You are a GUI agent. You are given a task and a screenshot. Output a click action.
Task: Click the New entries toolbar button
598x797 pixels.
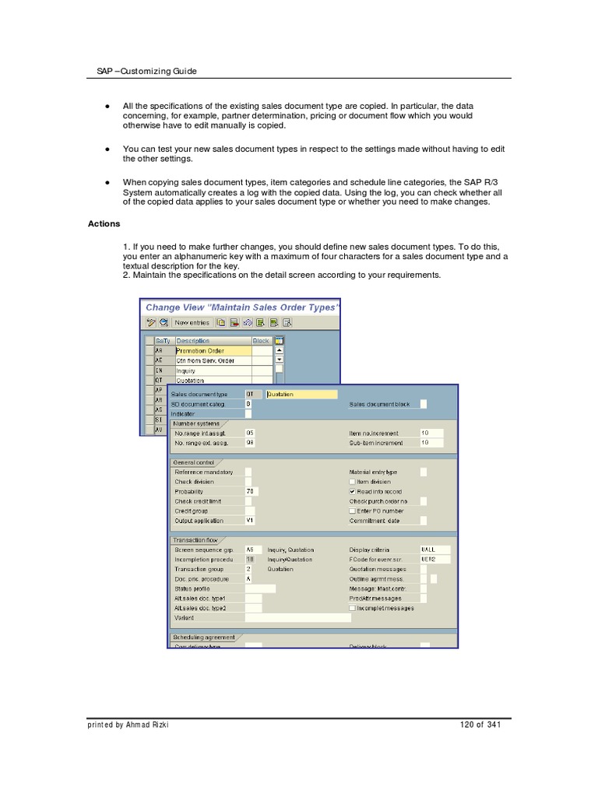(x=192, y=322)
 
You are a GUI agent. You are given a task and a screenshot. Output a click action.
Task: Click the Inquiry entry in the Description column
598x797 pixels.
(x=187, y=371)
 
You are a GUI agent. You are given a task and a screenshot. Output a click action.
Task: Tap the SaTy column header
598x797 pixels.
(x=163, y=341)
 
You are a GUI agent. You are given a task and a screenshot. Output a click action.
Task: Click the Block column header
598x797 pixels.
(x=261, y=341)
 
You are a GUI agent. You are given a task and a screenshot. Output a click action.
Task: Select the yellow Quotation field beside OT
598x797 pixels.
(x=301, y=395)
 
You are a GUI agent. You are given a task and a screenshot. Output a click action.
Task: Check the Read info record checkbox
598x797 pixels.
(x=353, y=492)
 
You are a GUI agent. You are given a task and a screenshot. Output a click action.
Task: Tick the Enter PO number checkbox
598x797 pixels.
(x=353, y=511)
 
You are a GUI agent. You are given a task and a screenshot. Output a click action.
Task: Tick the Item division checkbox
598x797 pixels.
(x=353, y=482)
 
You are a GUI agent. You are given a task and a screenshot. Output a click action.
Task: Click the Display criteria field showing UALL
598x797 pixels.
(x=434, y=549)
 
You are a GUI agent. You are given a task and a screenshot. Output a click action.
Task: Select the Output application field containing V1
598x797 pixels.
(x=251, y=521)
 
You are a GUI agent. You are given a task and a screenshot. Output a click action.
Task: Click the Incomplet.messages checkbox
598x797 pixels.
(x=353, y=608)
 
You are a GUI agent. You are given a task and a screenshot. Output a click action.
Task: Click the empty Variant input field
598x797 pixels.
(x=297, y=618)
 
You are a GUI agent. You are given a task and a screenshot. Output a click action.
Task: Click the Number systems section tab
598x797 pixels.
(x=196, y=423)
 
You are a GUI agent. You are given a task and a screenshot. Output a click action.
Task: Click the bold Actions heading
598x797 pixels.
(x=104, y=224)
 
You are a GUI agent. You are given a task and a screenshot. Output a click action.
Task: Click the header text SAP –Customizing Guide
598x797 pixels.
(x=141, y=71)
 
